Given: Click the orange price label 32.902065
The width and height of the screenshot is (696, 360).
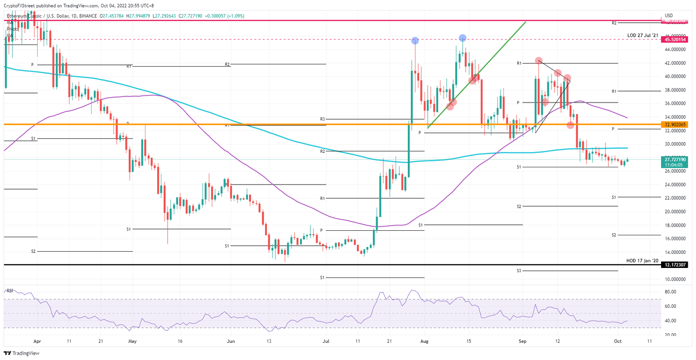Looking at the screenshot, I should click(x=675, y=124).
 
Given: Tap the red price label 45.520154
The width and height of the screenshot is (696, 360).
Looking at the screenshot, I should click(x=675, y=39).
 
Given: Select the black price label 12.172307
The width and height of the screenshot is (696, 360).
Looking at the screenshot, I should click(x=675, y=264).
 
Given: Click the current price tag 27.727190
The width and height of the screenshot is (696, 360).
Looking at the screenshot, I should click(x=675, y=160).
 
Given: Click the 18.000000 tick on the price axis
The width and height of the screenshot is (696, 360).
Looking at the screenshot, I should click(x=675, y=225).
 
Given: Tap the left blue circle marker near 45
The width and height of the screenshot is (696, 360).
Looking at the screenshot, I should click(x=415, y=41).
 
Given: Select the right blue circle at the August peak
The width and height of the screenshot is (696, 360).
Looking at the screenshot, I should click(x=462, y=38).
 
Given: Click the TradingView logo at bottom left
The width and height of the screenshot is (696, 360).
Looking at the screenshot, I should click(x=16, y=353).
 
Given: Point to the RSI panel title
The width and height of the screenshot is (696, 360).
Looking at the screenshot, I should click(x=10, y=290).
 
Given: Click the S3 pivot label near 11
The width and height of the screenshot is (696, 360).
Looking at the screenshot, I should click(x=519, y=271).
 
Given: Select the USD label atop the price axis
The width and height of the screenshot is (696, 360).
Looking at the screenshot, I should click(x=668, y=15).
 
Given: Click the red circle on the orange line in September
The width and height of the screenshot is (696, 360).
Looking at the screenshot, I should click(x=570, y=125).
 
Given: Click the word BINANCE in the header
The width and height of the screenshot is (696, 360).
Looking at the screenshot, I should click(x=88, y=16).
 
